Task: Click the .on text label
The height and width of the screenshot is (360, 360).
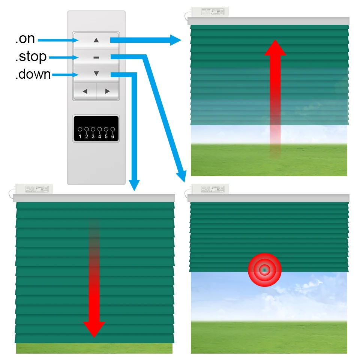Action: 25,39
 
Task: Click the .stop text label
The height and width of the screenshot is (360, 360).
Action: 31,57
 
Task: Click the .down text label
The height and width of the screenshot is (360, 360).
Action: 33,74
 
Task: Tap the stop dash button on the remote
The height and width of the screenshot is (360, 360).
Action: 96,57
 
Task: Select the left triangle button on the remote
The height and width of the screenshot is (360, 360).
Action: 85,91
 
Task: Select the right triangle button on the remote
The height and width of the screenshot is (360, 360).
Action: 108,91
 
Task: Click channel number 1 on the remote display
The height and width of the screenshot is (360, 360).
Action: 80,136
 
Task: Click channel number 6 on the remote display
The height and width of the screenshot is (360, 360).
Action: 112,136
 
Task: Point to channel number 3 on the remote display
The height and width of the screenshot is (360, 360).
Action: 93,136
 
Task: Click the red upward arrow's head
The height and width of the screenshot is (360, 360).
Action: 275,48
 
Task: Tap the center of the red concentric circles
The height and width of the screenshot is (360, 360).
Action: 264,270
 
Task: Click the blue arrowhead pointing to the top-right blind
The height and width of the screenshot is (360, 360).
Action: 175,40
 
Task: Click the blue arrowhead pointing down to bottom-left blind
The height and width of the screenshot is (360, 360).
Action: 134,185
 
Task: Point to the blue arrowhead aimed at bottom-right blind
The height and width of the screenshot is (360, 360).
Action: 182,175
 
